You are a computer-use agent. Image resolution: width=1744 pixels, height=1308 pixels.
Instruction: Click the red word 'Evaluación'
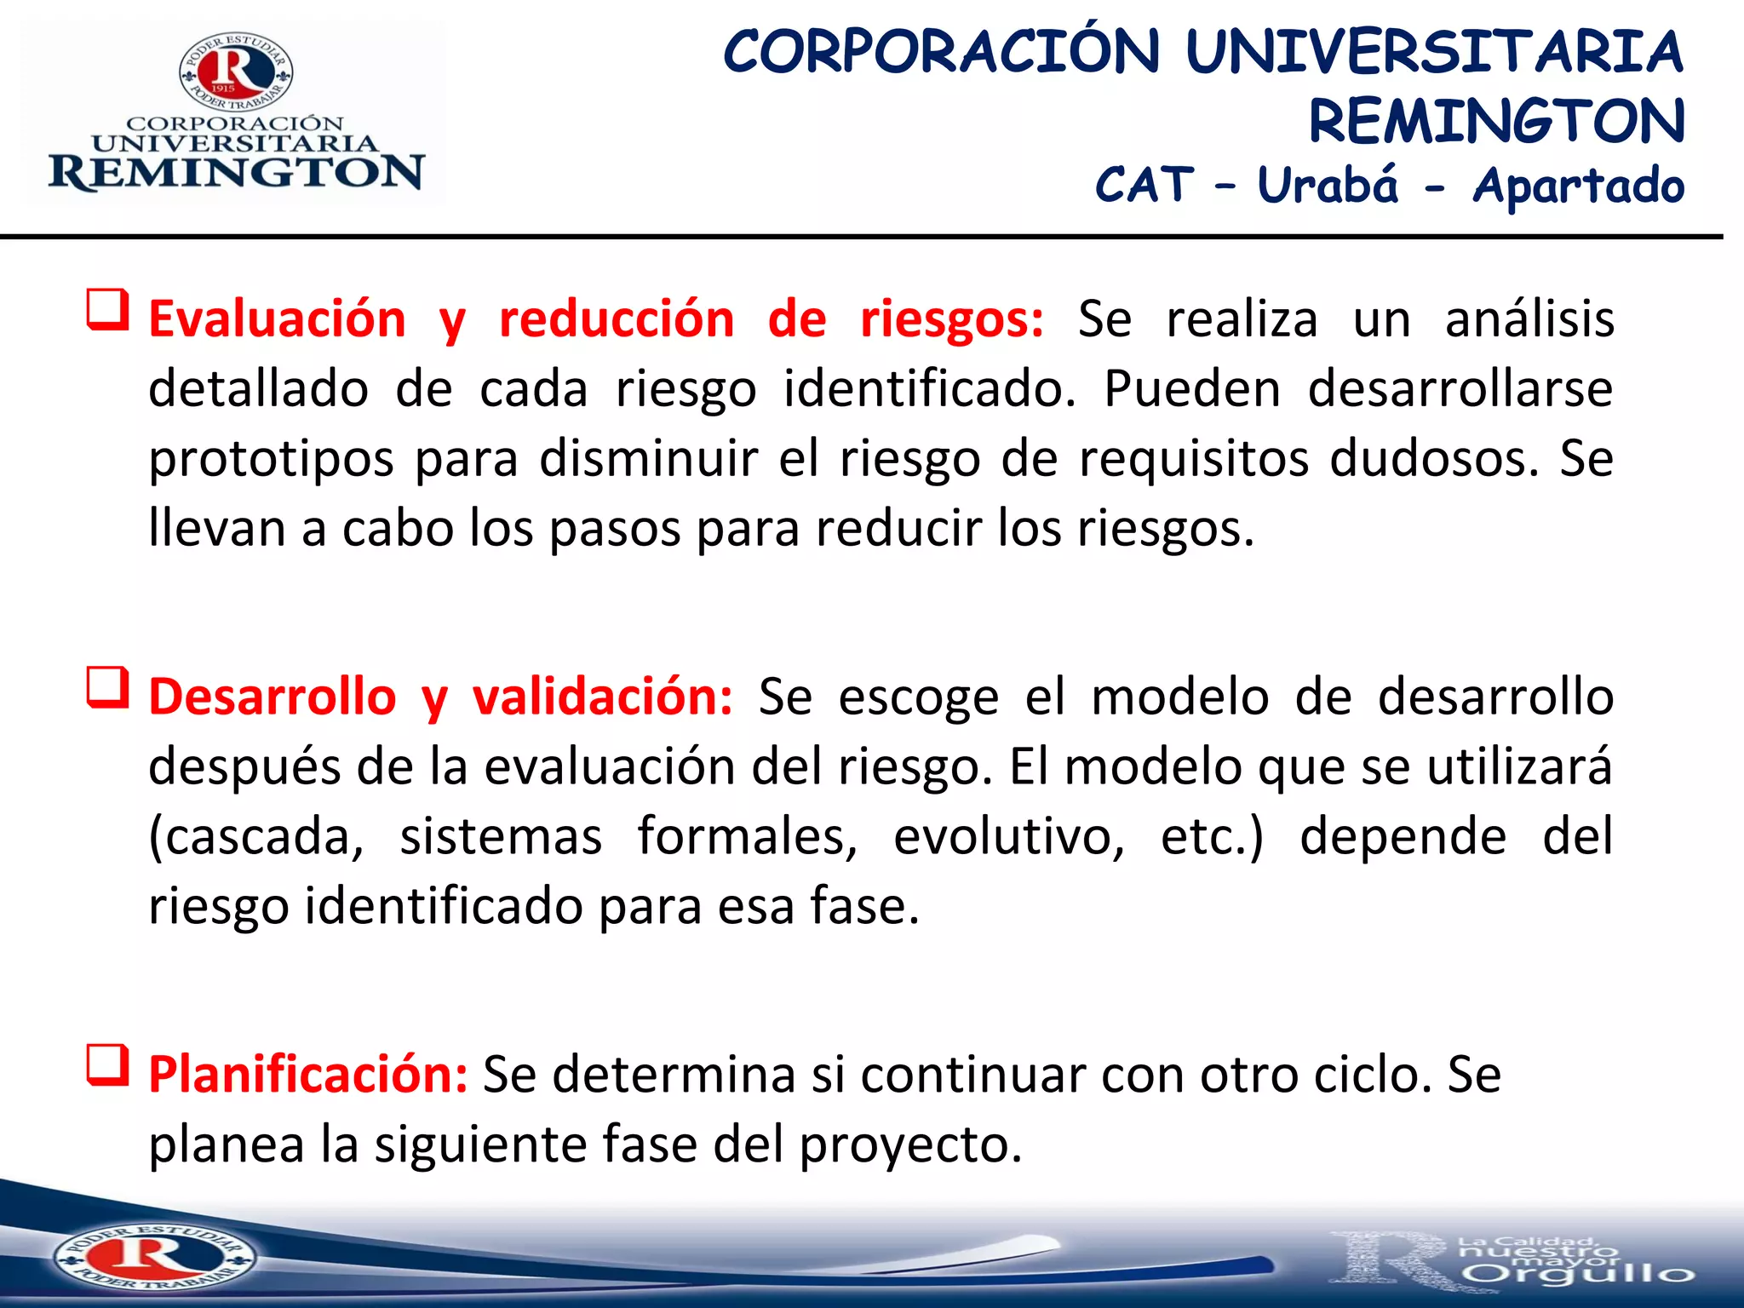[x=277, y=320]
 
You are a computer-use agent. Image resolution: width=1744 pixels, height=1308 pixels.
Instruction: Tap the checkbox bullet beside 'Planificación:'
[x=108, y=1067]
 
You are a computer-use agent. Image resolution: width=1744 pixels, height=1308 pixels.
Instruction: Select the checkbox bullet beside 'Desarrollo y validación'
[x=108, y=689]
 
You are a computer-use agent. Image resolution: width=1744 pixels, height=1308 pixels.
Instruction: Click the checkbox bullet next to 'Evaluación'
[x=108, y=311]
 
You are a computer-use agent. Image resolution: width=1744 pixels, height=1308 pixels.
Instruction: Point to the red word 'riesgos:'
[x=952, y=320]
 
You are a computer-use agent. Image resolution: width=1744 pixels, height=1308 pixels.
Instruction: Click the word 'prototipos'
[x=271, y=460]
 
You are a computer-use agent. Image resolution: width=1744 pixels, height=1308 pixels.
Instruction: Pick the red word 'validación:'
[x=602, y=697]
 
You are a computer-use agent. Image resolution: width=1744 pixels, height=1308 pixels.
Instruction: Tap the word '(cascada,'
[x=256, y=837]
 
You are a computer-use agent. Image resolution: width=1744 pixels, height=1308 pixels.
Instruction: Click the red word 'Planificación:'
[x=308, y=1075]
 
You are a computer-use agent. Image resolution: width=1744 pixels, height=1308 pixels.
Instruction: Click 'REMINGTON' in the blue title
[x=1496, y=121]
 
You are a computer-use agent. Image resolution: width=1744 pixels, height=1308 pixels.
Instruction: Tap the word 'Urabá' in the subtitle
[x=1328, y=186]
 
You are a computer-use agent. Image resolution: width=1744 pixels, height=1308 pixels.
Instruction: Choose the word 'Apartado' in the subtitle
[x=1578, y=186]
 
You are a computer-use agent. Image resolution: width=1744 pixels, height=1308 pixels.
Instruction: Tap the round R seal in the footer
[x=153, y=1257]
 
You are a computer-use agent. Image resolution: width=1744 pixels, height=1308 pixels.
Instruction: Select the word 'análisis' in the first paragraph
[x=1529, y=320]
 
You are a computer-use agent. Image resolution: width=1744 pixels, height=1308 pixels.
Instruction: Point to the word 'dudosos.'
[x=1435, y=460]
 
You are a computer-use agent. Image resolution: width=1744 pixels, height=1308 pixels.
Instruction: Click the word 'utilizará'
[x=1519, y=767]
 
